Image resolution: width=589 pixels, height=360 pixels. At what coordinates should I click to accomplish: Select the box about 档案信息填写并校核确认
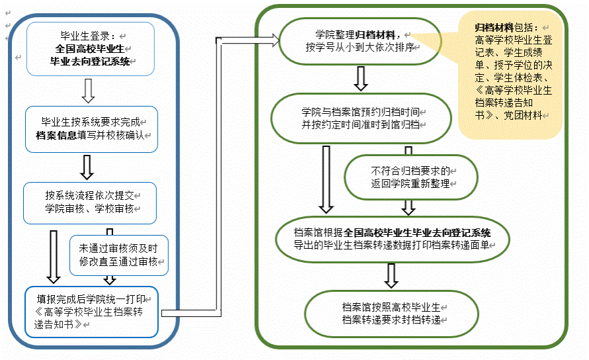point(90,128)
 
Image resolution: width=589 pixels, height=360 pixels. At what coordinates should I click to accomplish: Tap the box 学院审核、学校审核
point(90,203)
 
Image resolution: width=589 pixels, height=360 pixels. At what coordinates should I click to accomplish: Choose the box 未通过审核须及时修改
point(119,255)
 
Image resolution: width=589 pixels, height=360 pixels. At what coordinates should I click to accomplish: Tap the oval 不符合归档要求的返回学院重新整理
point(410,177)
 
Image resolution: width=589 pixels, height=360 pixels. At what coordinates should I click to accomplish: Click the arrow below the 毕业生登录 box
point(87,88)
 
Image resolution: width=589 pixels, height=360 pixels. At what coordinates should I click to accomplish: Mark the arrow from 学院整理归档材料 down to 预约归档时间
point(361,78)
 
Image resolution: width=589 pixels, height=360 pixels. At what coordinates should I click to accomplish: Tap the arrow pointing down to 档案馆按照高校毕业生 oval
point(391,275)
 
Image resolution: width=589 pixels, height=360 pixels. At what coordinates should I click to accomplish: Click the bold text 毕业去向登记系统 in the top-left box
point(92,61)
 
